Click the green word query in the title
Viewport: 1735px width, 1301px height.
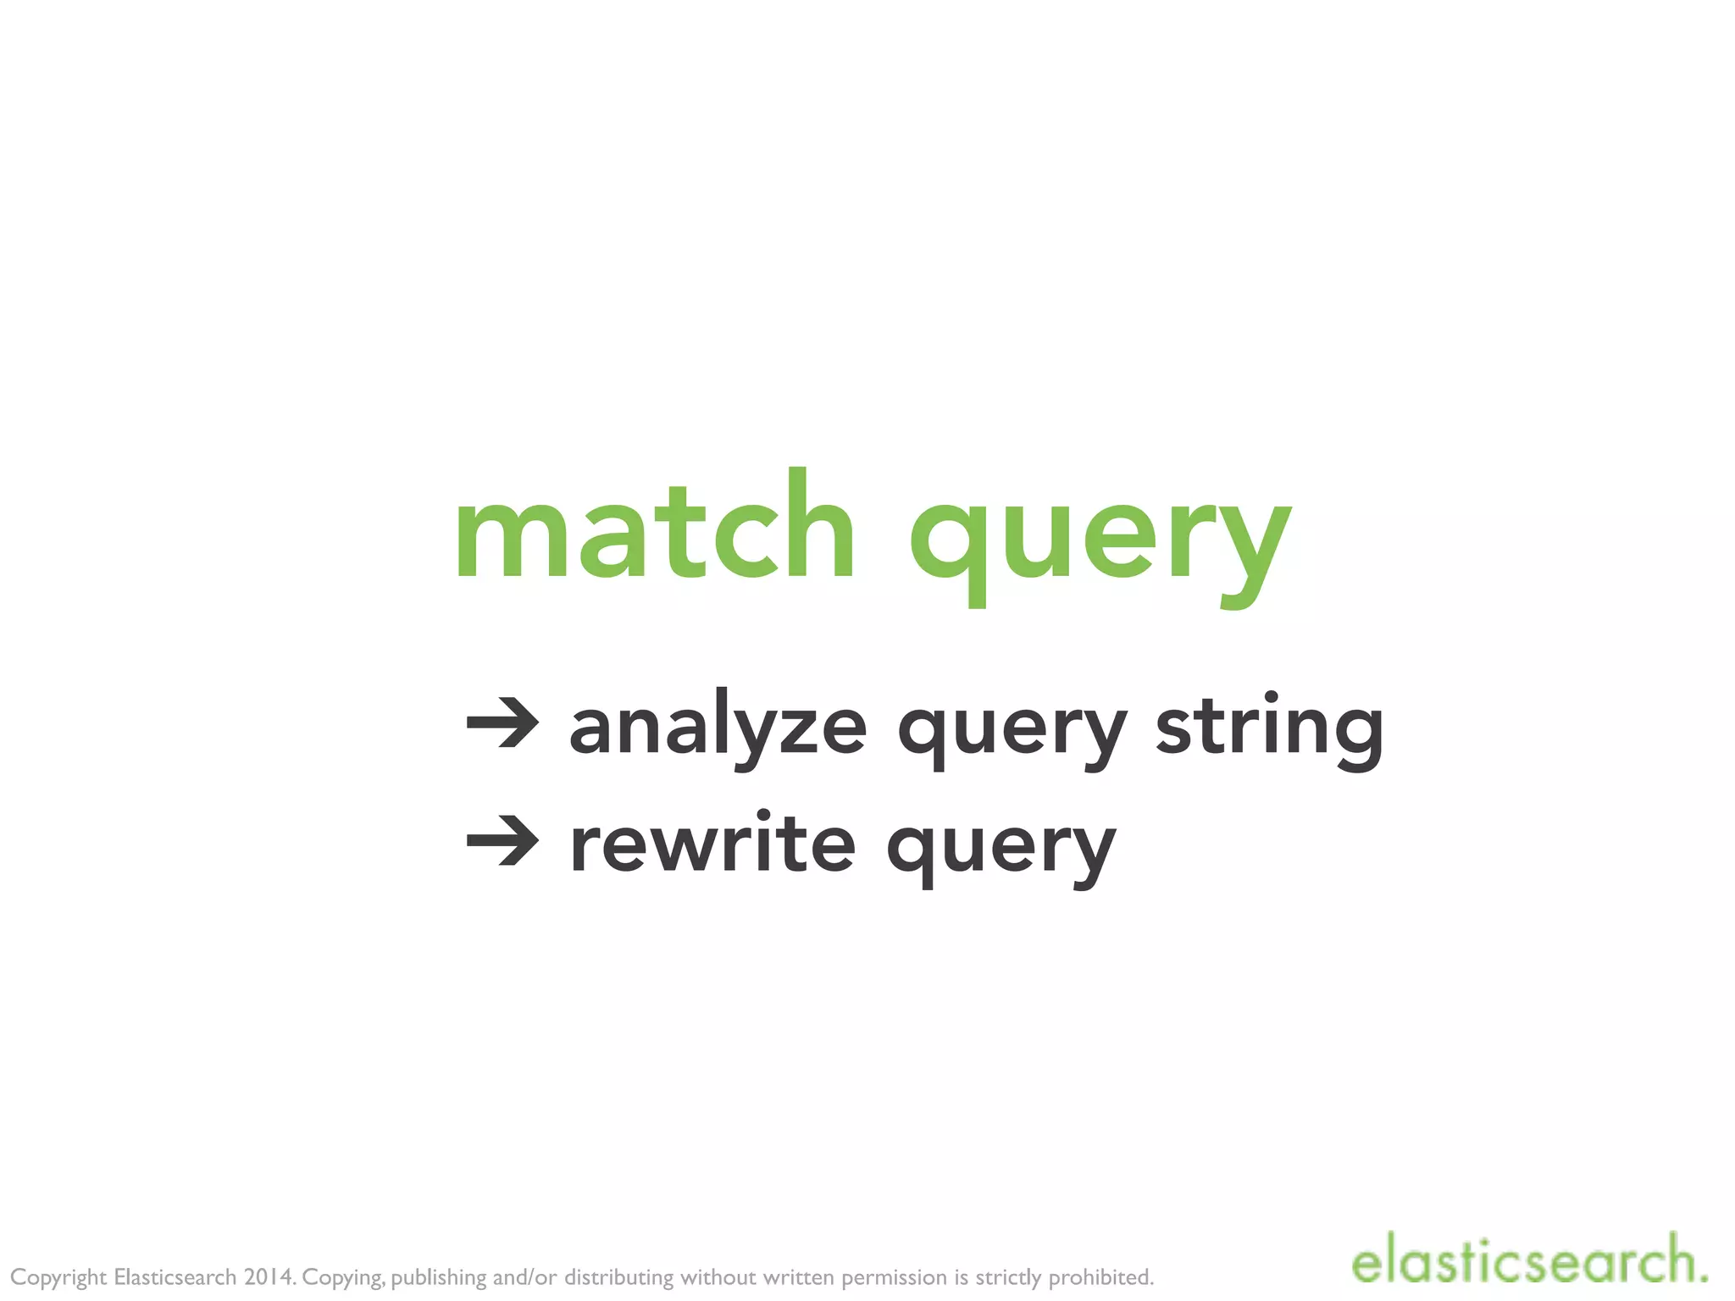[1100, 542]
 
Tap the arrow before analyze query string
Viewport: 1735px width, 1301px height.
[503, 725]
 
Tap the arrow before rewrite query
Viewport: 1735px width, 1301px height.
[503, 842]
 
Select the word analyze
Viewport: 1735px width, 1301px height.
[718, 728]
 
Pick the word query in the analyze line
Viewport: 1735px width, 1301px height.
[1012, 733]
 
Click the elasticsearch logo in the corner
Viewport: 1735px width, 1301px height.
[1528, 1261]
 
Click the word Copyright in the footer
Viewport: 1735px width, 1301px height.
[58, 1277]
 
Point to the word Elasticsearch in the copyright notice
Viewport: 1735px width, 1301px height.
[175, 1276]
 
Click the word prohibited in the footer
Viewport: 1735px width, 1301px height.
[1101, 1276]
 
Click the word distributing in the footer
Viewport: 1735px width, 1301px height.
[619, 1276]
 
